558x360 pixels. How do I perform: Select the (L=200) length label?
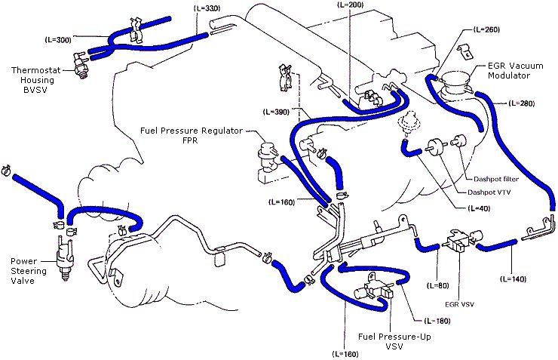(x=346, y=5)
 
